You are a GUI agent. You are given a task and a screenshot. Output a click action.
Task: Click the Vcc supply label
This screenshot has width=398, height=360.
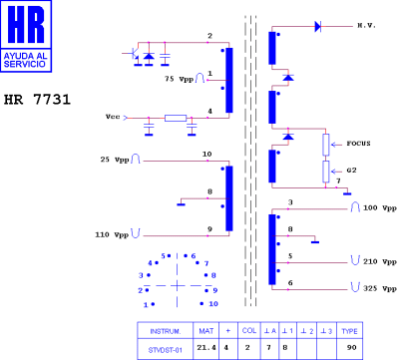113,117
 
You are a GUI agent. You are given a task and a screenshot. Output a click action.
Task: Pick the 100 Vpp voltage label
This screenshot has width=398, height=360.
380,209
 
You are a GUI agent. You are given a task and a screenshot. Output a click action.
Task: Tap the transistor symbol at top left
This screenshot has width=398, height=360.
133,52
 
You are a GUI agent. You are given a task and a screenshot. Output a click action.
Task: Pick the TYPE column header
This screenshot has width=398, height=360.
350,328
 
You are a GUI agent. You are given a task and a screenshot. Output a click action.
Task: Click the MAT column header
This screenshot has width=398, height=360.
206,328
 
